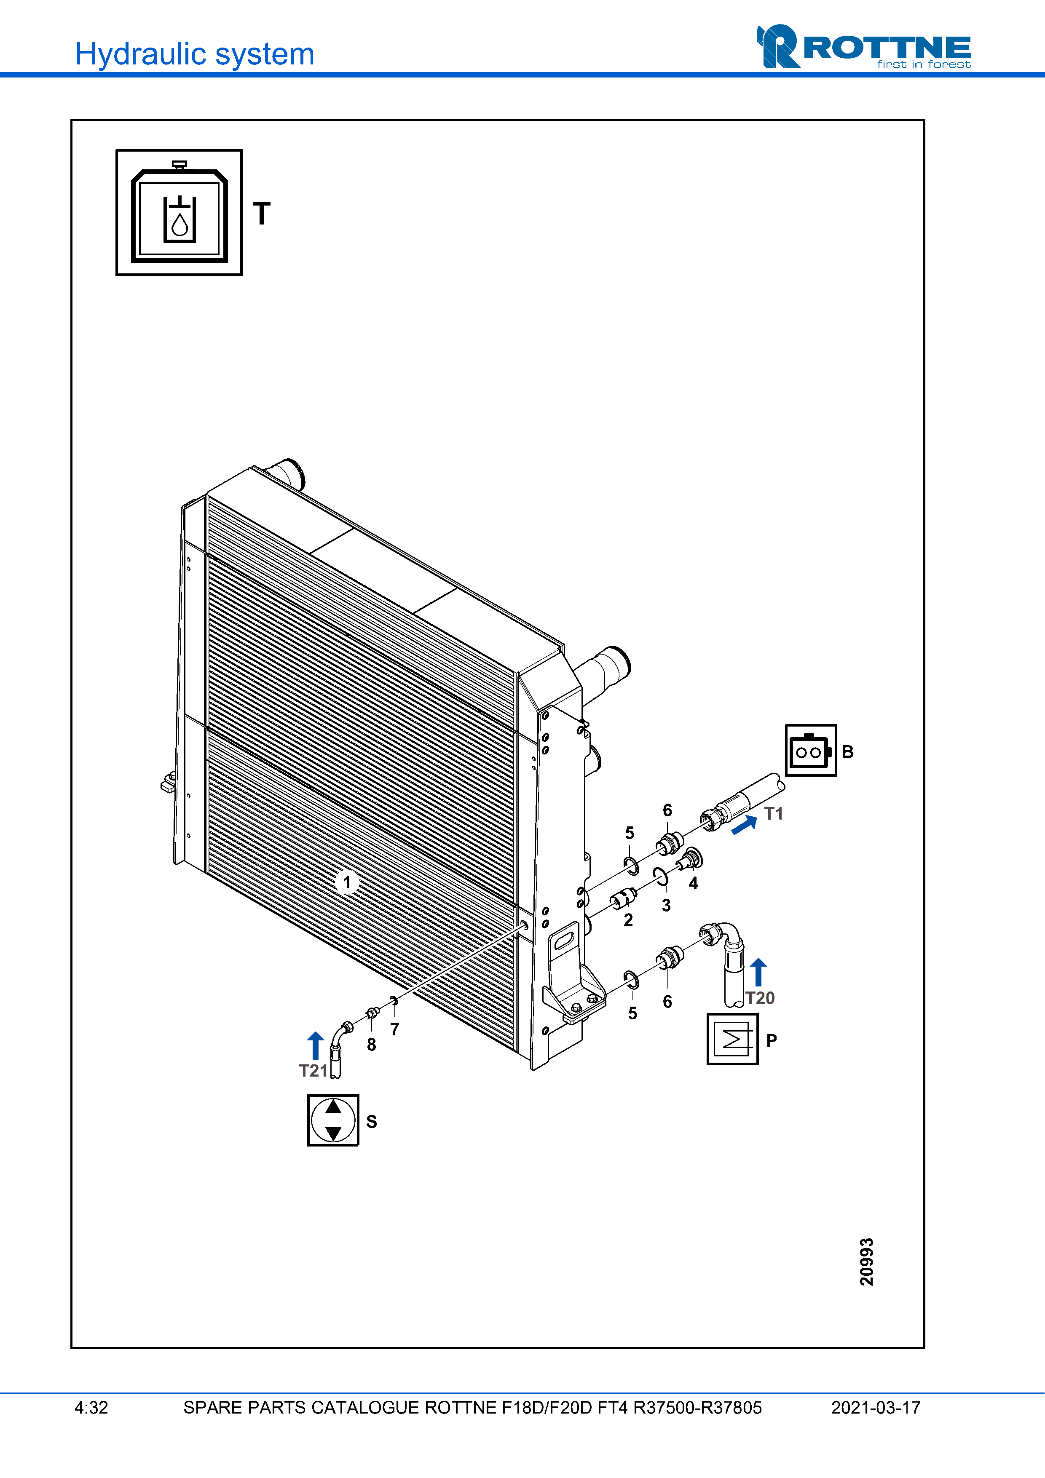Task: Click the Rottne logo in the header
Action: click(863, 47)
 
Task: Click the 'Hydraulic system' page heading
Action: click(194, 54)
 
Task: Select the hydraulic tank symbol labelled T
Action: click(179, 212)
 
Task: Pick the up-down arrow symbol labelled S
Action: click(333, 1120)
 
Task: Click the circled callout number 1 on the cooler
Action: click(347, 882)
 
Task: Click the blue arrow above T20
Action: click(758, 972)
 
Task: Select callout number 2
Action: click(628, 920)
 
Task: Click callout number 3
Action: click(666, 905)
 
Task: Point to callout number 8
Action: click(372, 1044)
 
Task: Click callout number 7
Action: click(395, 1029)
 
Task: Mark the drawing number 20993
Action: click(867, 1262)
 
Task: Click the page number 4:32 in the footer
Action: click(91, 1408)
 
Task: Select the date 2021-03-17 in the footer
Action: click(876, 1408)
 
